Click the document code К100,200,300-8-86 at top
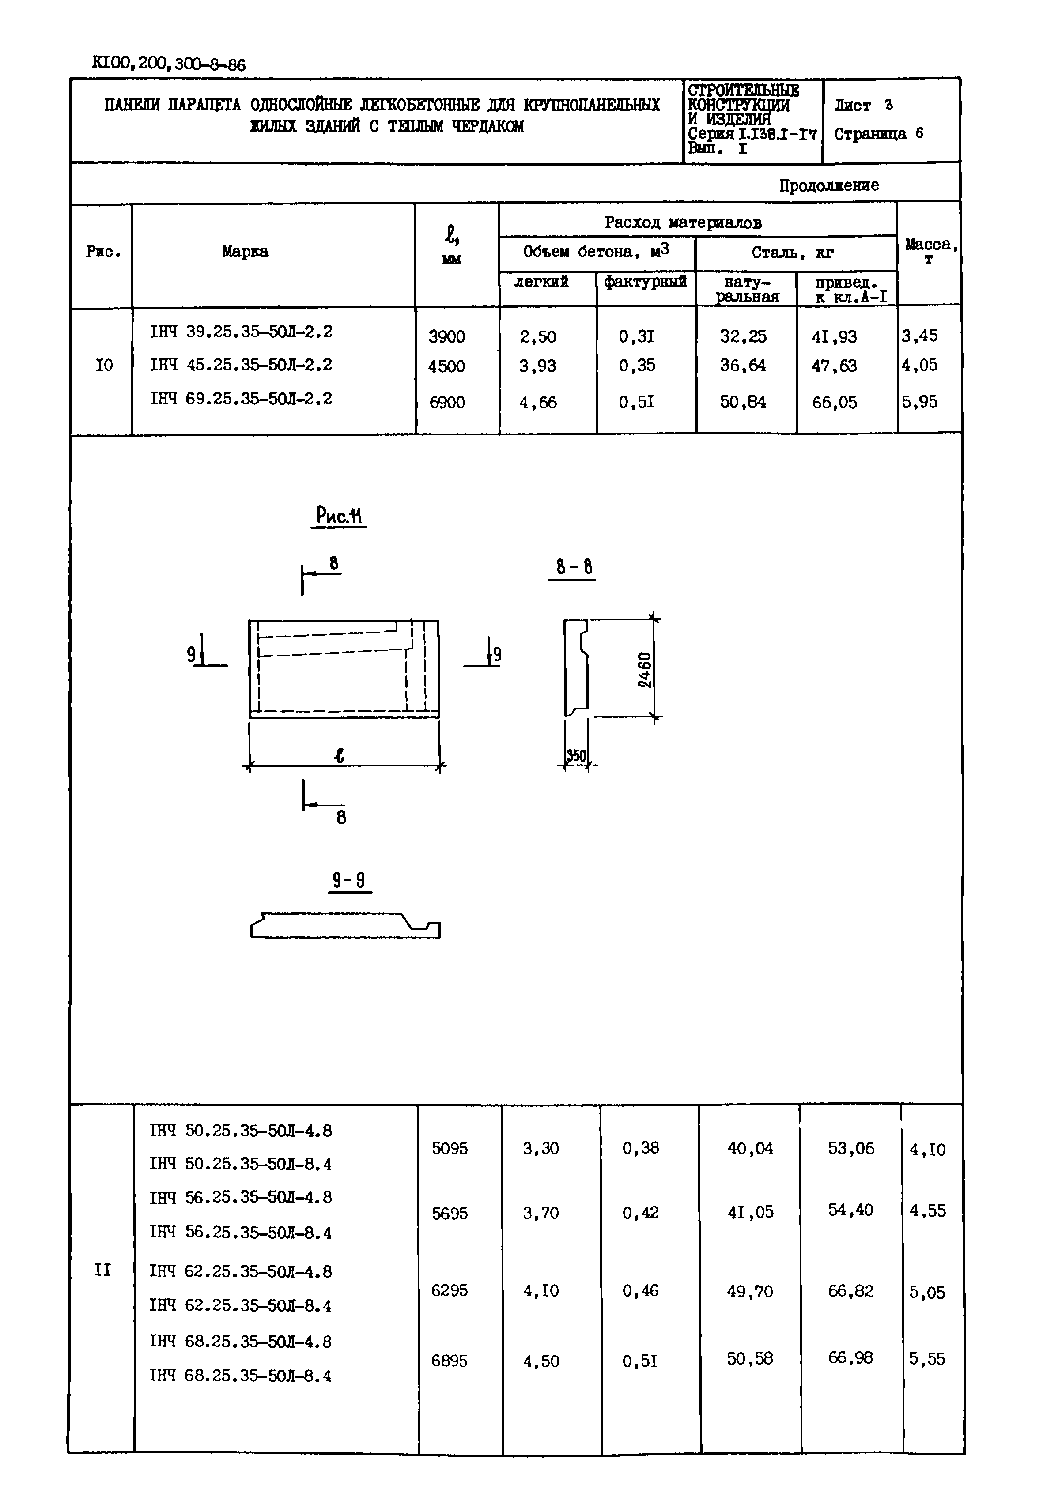[169, 64]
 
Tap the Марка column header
[245, 252]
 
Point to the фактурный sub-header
[645, 282]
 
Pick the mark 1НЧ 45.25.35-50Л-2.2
[241, 365]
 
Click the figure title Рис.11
[339, 516]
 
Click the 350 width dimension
[576, 756]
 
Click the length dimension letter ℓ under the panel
[339, 756]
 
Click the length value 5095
[449, 1148]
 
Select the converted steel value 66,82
[850, 1290]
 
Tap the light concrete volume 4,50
[540, 1361]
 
